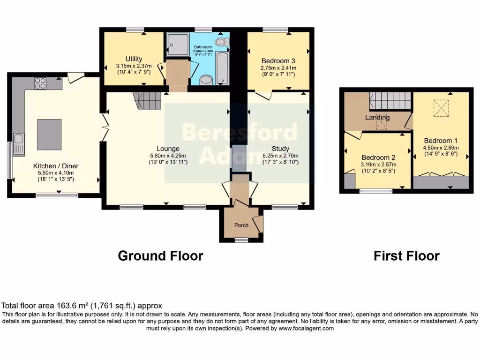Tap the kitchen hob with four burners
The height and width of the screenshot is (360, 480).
tap(40, 83)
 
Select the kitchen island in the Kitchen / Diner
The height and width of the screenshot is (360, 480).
tap(49, 135)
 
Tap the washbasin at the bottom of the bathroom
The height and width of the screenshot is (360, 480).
tap(206, 80)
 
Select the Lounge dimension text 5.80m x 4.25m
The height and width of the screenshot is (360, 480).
tap(168, 156)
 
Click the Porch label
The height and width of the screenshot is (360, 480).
tap(241, 225)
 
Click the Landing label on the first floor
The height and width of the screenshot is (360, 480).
tap(377, 117)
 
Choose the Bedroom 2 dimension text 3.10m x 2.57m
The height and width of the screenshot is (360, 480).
tap(378, 165)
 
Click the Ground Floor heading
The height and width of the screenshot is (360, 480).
tap(160, 256)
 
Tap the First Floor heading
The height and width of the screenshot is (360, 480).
tap(406, 256)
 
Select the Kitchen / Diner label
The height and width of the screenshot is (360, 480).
tap(55, 166)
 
